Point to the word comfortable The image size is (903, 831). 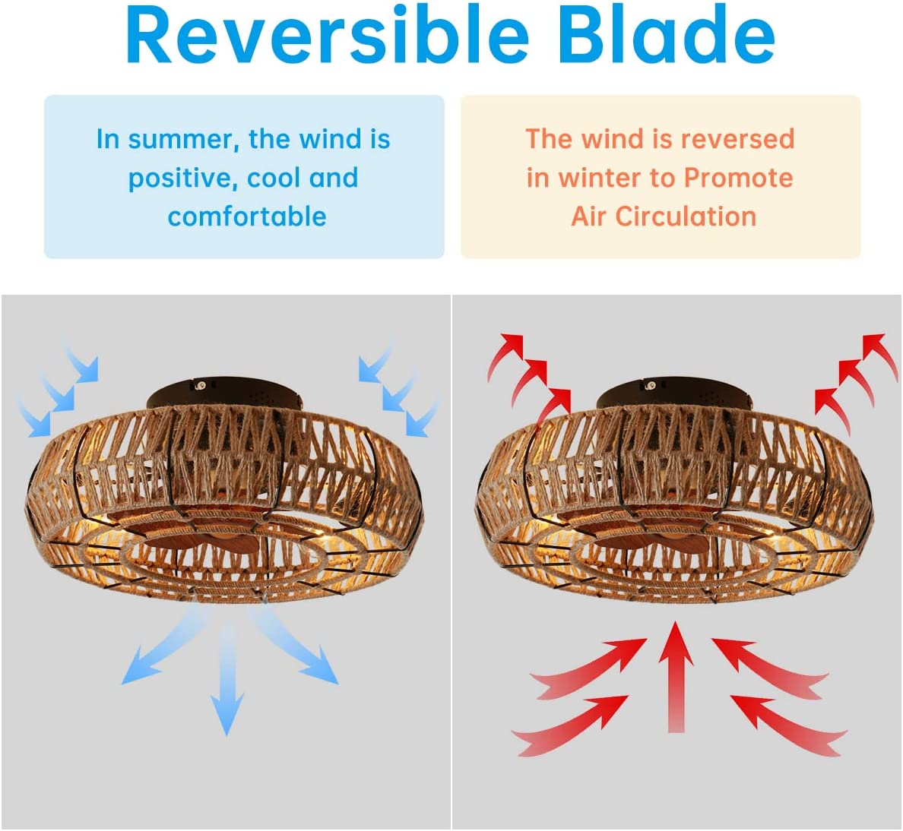[247, 217]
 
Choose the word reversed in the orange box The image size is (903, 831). [737, 139]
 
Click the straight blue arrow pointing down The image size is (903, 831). [227, 679]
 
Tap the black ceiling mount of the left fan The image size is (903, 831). [224, 393]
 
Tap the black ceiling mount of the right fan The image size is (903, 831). [675, 393]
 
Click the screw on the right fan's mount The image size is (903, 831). [651, 386]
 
